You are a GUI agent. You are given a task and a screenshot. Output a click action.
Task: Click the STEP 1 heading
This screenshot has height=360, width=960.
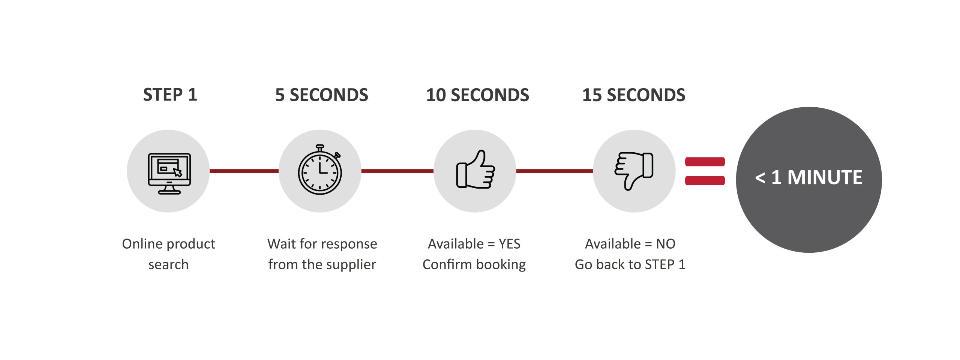click(x=170, y=94)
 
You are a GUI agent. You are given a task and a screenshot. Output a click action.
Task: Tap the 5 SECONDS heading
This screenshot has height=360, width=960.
click(x=321, y=95)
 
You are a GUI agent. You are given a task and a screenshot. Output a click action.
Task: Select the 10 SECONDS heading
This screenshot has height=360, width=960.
click(x=477, y=95)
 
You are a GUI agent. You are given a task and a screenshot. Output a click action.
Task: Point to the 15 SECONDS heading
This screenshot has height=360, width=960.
click(x=633, y=95)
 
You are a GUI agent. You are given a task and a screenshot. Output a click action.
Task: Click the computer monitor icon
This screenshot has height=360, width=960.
click(x=169, y=173)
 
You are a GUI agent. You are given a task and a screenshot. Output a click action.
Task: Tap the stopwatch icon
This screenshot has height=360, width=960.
click(x=320, y=171)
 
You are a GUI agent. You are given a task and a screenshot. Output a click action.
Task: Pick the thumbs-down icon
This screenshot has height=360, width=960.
click(x=634, y=170)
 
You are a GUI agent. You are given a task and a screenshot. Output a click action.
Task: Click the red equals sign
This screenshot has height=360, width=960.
click(x=705, y=171)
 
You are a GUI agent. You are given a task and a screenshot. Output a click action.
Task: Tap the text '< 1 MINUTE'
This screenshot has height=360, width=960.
click(x=808, y=177)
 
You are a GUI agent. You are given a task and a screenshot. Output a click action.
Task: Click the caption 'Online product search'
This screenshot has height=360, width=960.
click(x=168, y=254)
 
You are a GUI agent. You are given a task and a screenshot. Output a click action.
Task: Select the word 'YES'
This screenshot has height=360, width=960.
click(x=509, y=244)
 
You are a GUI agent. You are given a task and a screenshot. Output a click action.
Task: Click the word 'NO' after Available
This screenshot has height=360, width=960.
click(x=666, y=244)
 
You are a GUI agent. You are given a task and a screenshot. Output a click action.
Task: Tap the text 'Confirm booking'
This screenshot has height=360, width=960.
click(x=474, y=265)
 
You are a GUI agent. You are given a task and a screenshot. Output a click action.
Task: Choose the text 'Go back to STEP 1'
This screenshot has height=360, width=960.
click(x=630, y=265)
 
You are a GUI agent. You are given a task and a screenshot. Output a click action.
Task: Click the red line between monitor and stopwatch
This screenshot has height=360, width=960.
click(x=244, y=171)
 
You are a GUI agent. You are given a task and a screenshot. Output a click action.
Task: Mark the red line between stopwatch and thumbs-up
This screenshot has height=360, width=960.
click(x=397, y=171)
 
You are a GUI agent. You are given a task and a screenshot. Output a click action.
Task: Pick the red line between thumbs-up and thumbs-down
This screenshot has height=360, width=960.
click(x=554, y=171)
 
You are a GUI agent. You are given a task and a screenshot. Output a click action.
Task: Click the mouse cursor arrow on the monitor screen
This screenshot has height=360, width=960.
click(x=177, y=172)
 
